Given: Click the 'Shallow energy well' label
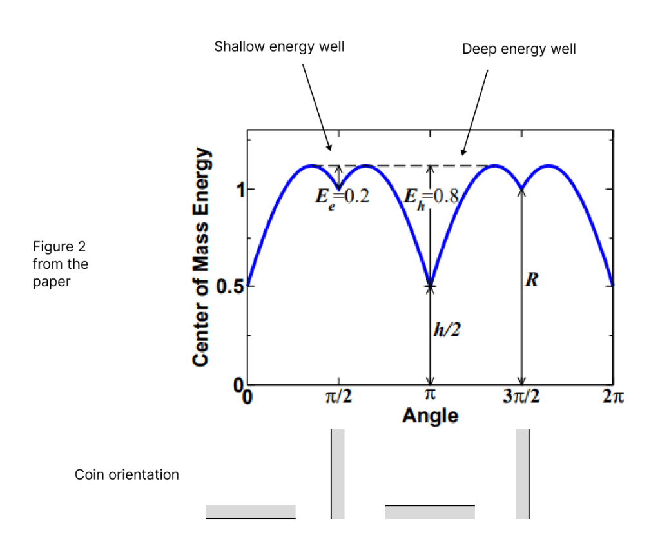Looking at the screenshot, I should pyautogui.click(x=279, y=47).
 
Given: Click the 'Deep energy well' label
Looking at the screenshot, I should pyautogui.click(x=519, y=50).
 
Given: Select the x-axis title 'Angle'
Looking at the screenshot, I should pyautogui.click(x=430, y=416).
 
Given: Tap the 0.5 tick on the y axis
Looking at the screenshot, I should pyautogui.click(x=228, y=286).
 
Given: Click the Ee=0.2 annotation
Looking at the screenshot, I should pyautogui.click(x=342, y=197).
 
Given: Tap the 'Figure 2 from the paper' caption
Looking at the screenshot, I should pyautogui.click(x=61, y=264).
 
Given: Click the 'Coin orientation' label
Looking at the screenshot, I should pyautogui.click(x=127, y=475).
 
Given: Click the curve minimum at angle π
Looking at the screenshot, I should pyautogui.click(x=431, y=286).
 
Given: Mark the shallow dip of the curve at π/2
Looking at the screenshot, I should pyautogui.click(x=340, y=188).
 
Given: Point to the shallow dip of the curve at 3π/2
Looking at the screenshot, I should pyautogui.click(x=521, y=188).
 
